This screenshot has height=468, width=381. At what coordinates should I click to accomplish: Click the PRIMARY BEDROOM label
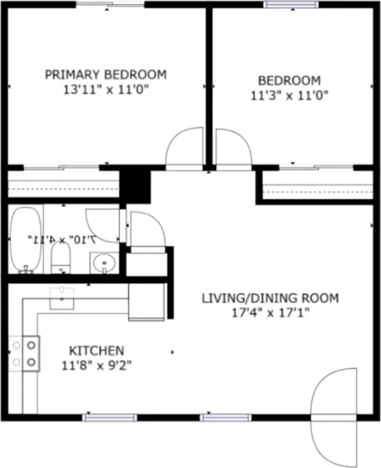[106, 75]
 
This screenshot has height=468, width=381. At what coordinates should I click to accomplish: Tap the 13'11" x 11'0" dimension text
[106, 90]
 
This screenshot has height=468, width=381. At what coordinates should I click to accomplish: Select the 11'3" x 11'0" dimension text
[290, 96]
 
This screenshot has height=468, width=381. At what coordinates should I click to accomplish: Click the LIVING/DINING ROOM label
[270, 298]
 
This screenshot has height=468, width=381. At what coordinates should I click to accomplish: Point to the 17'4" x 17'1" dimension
[271, 313]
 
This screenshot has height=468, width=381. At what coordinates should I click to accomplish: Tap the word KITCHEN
[97, 351]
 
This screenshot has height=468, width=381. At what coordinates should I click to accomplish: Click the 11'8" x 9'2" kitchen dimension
[97, 365]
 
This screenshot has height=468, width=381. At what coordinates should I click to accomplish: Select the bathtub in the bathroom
[26, 240]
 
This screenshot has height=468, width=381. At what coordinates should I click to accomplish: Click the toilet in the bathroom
[61, 258]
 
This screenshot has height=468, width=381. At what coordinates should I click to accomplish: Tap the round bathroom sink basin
[104, 263]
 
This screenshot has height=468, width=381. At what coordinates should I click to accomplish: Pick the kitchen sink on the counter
[62, 298]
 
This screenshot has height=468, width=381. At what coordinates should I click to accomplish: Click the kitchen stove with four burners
[24, 354]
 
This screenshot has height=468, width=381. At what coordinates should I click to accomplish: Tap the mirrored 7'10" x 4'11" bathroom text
[62, 239]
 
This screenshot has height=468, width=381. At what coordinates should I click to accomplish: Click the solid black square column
[135, 184]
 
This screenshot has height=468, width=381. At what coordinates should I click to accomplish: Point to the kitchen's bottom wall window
[110, 417]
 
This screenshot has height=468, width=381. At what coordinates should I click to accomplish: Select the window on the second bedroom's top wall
[291, 5]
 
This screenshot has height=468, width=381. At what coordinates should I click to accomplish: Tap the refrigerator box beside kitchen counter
[146, 302]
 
